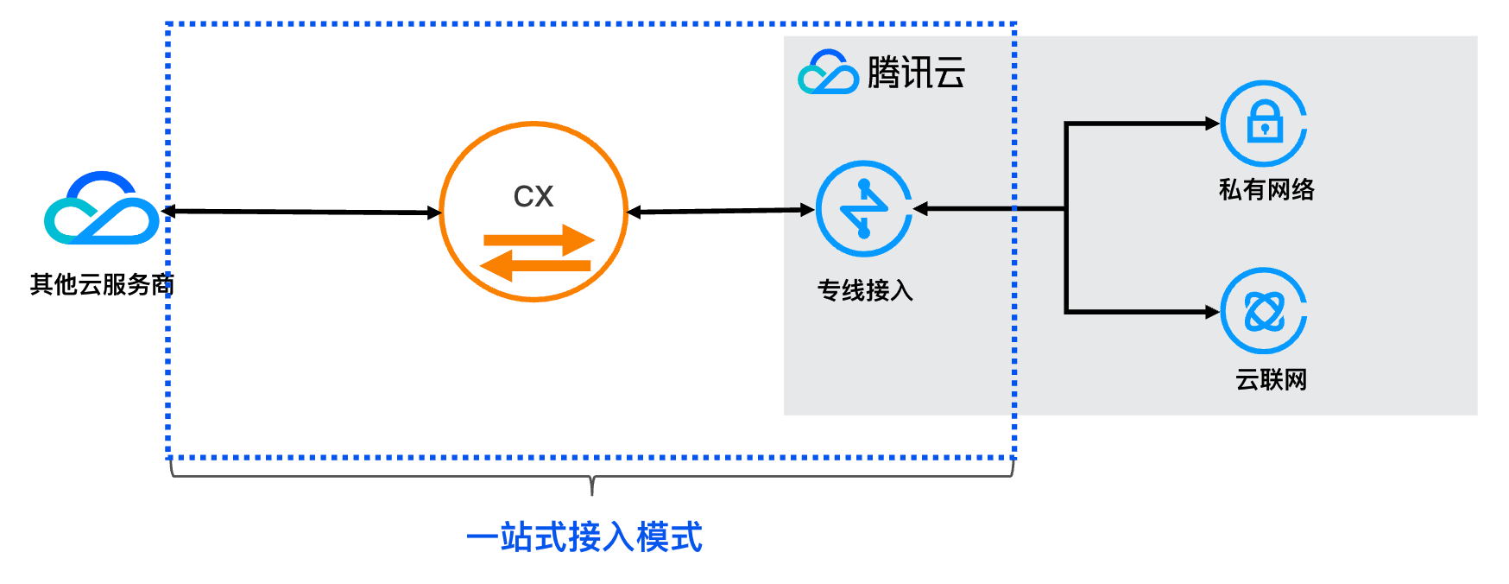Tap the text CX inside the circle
point(534,197)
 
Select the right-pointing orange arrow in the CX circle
point(540,239)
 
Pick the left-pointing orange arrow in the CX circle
point(535,265)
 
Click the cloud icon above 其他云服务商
point(102,208)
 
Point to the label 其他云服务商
point(102,284)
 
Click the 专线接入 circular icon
point(863,209)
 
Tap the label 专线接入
point(865,290)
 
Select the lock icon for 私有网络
point(1264,124)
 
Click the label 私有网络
point(1266,189)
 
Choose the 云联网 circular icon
point(1264,311)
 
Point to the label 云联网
point(1271,379)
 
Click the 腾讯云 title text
point(916,73)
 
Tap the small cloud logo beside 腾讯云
point(828,73)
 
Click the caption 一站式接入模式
point(584,537)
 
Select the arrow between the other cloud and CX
point(302,212)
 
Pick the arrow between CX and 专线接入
point(721,211)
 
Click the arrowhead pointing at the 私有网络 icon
point(1212,124)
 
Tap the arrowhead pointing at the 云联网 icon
point(1212,312)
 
